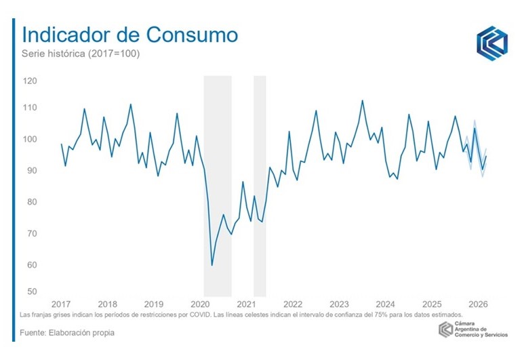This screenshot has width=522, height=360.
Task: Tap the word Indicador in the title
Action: pyautogui.click(x=62, y=35)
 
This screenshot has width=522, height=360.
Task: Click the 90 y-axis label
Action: pyautogui.click(x=31, y=170)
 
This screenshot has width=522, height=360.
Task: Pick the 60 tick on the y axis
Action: pyautogui.click(x=31, y=264)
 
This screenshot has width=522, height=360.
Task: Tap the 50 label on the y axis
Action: pyautogui.click(x=31, y=292)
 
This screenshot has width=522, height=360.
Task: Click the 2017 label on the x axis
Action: pyautogui.click(x=61, y=303)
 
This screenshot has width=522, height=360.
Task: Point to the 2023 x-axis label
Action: pyautogui.click(x=339, y=303)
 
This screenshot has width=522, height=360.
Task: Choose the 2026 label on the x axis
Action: pyautogui.click(x=478, y=303)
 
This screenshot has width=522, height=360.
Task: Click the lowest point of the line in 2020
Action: pyautogui.click(x=212, y=265)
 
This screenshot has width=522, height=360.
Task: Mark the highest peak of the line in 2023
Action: pyautogui.click(x=363, y=100)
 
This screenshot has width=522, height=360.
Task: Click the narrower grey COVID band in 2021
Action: pyautogui.click(x=260, y=183)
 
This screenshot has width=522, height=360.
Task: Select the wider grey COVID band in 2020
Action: pyautogui.click(x=218, y=183)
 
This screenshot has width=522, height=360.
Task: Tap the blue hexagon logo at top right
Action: pyautogui.click(x=491, y=43)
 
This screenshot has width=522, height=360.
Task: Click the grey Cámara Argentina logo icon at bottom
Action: pyautogui.click(x=445, y=329)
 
